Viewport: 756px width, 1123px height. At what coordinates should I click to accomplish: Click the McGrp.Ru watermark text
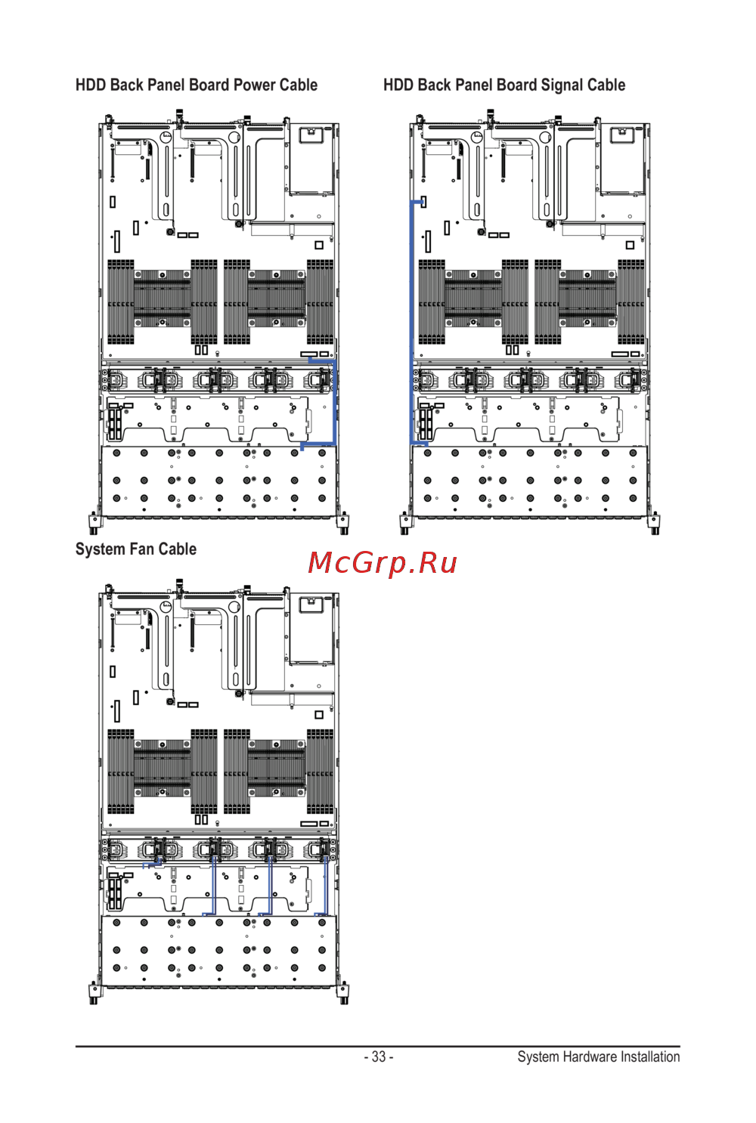(x=383, y=563)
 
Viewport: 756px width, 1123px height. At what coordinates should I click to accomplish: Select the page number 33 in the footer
(x=379, y=1056)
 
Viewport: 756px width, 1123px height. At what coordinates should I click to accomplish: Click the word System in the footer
(x=538, y=1056)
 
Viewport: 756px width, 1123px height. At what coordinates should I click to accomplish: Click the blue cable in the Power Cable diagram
(x=334, y=401)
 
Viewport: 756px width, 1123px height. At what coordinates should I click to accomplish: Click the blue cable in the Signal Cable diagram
(x=412, y=317)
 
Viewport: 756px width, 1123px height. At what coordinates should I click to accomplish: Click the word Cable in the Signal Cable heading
(x=606, y=85)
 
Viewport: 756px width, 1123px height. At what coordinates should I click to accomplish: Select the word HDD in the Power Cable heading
(x=90, y=85)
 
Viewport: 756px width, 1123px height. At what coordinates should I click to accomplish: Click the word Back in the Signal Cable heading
(x=434, y=85)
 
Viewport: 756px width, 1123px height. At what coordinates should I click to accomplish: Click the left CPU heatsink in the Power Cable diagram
(x=163, y=299)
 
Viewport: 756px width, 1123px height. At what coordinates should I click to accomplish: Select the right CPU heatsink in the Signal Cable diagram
(x=587, y=299)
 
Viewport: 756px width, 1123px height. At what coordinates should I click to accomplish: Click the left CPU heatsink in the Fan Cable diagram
(x=163, y=769)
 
